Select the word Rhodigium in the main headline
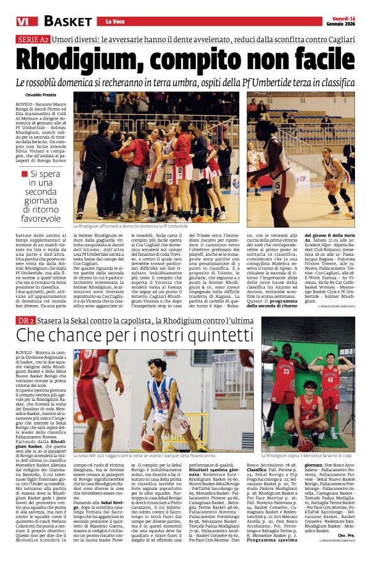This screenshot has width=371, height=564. tap(84, 59)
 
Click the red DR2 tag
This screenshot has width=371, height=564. tap(26, 320)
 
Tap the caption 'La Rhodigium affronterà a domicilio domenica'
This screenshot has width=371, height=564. tap(130, 226)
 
